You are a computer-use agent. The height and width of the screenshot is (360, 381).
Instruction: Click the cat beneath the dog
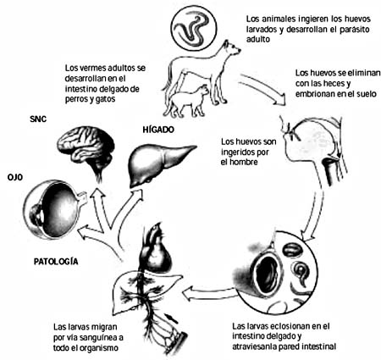188,100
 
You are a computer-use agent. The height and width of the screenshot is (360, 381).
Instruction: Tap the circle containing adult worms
195,28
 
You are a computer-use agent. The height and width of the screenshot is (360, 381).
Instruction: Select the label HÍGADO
158,130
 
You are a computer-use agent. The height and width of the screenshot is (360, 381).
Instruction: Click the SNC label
38,119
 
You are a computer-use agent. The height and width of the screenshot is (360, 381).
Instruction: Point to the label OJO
15,177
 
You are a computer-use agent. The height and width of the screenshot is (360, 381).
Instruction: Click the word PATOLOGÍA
56,262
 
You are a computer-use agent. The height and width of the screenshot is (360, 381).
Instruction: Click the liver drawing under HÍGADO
159,165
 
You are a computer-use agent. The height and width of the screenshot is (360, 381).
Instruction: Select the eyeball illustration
52,210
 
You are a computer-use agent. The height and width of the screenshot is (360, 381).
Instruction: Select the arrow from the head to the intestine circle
314,216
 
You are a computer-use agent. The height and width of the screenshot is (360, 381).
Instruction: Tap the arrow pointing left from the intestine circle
209,295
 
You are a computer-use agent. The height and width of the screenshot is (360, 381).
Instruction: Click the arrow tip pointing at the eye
80,233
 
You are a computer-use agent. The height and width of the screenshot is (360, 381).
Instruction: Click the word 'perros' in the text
75,100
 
